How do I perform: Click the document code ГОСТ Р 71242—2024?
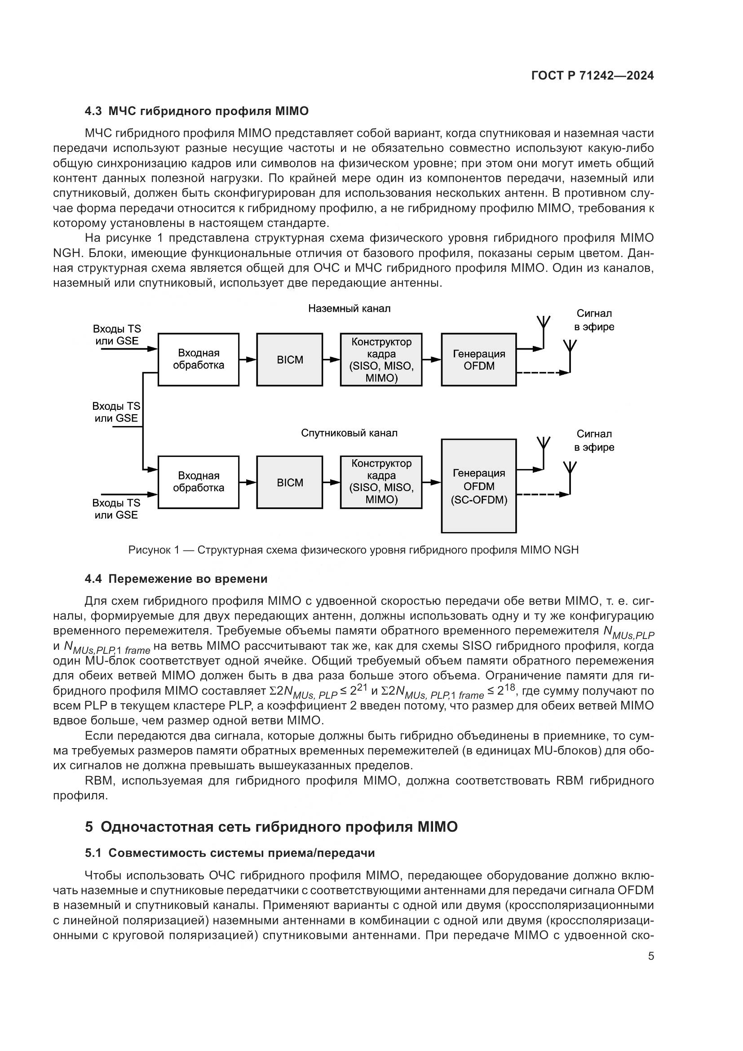[592, 76]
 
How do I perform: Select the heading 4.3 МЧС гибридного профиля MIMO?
[197, 111]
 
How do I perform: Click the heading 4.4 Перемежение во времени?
[176, 579]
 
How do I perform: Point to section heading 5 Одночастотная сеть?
[271, 827]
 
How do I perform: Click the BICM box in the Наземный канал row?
[290, 360]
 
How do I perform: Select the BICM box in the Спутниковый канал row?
[290, 483]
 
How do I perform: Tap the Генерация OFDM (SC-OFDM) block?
[478, 486]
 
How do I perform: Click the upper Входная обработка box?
[198, 359]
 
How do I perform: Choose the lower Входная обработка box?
[198, 482]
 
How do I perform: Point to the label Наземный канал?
[349, 309]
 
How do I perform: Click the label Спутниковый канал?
[349, 433]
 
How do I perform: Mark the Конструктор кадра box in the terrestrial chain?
[381, 360]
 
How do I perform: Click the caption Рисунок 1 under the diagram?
[353, 550]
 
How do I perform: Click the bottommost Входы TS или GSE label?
[116, 509]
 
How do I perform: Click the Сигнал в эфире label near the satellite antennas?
[594, 441]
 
